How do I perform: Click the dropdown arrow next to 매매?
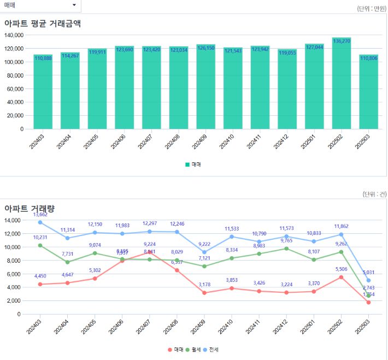point(74,5)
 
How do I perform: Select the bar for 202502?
point(341,83)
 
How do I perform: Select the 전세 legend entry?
point(213,349)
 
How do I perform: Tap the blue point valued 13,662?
point(40,222)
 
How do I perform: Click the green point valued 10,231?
point(40,245)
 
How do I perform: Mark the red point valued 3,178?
point(204,293)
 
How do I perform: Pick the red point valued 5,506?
point(341,277)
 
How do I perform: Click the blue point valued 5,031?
point(368,280)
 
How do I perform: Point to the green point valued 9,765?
point(286,249)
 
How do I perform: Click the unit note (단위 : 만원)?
point(371,9)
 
